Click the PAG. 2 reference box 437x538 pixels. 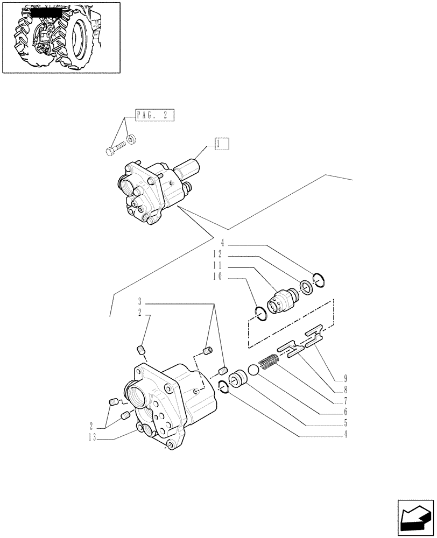(x=154, y=115)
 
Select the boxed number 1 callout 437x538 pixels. (x=222, y=144)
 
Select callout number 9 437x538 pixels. (x=345, y=376)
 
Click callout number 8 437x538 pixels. (x=345, y=388)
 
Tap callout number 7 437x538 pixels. (x=345, y=401)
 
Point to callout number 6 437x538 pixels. (x=345, y=413)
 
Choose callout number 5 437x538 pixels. (x=345, y=426)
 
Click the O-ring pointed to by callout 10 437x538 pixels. (x=260, y=313)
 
